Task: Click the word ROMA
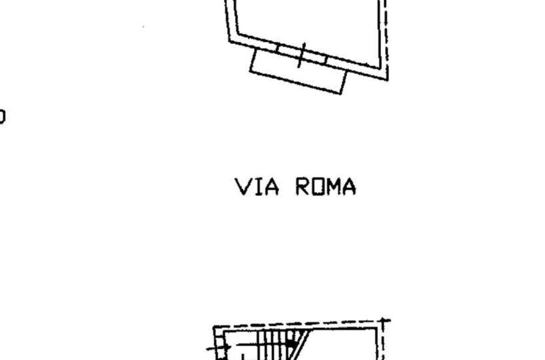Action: (x=326, y=187)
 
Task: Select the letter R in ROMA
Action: (x=303, y=187)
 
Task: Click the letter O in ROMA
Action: (x=318, y=187)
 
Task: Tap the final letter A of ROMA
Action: (x=349, y=187)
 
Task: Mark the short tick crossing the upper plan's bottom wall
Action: (x=301, y=55)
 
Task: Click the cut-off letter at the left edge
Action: (x=2, y=117)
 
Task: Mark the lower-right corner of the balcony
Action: (x=342, y=93)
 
